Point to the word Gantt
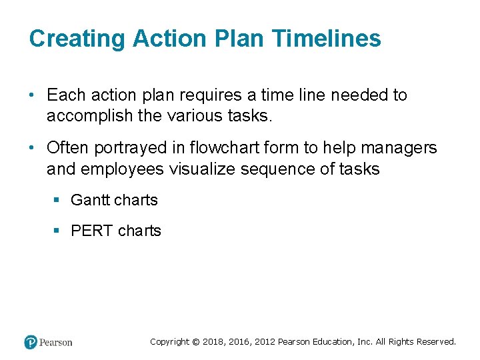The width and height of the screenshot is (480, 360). click(92, 200)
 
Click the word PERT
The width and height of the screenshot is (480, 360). click(92, 231)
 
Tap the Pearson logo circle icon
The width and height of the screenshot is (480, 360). click(31, 342)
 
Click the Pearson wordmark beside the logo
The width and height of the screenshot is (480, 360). click(56, 343)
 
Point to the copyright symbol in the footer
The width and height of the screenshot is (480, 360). click(195, 342)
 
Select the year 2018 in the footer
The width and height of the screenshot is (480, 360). click(213, 342)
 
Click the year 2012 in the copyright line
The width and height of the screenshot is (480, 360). click(263, 342)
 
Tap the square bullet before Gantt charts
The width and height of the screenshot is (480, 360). click(57, 200)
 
